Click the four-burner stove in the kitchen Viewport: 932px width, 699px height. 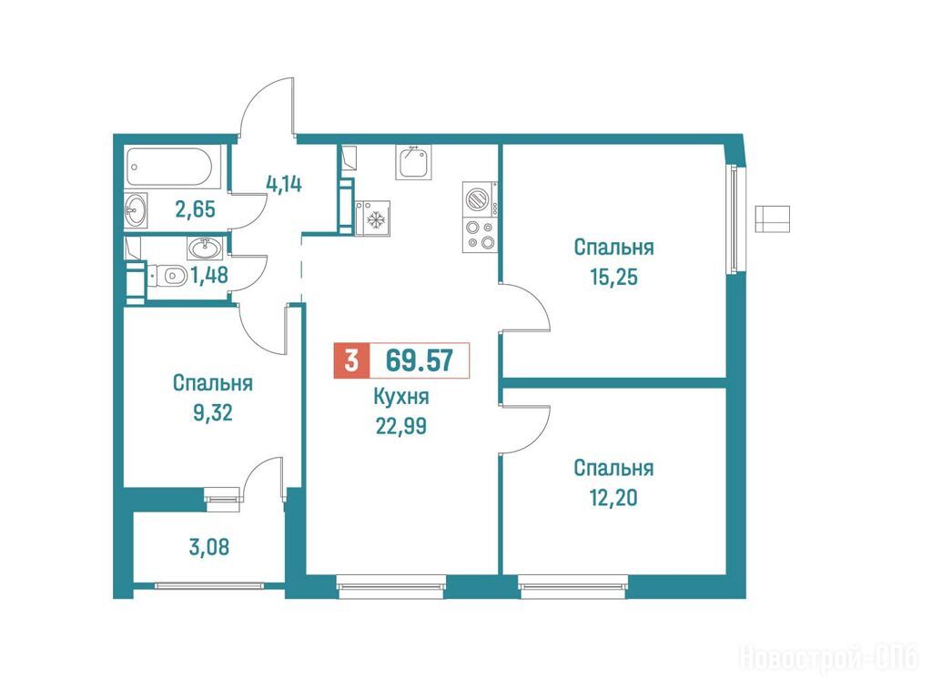[x=480, y=235]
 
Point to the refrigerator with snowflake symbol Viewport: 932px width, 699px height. [x=372, y=218]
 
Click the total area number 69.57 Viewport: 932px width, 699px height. [x=419, y=360]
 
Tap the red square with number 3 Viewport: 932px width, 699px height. [x=352, y=360]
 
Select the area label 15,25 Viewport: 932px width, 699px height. [x=614, y=277]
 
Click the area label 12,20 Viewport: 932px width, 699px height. [x=614, y=498]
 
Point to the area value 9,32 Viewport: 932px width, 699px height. [x=213, y=412]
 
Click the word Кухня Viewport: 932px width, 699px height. [x=401, y=397]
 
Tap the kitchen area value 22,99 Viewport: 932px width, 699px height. [x=401, y=426]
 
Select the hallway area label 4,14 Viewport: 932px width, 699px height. [x=284, y=184]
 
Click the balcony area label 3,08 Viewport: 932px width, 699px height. [x=209, y=547]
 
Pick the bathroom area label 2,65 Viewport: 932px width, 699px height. [x=195, y=209]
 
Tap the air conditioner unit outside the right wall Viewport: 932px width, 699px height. [x=772, y=218]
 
